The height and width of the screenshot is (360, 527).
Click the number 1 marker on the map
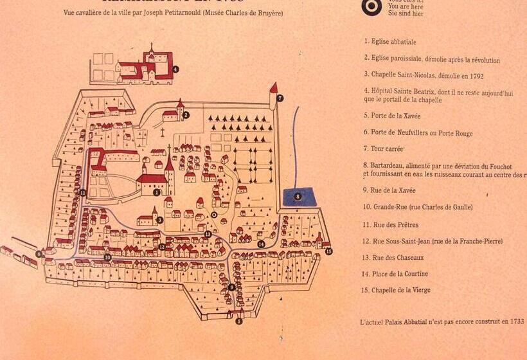pyautogui.click(x=156, y=192)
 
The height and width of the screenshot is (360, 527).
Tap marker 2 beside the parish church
pyautogui.click(x=186, y=115)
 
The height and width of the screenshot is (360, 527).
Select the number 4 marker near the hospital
pyautogui.click(x=175, y=69)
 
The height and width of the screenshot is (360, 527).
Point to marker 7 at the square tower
pyautogui.click(x=280, y=98)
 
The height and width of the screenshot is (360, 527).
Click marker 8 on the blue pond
pyautogui.click(x=298, y=196)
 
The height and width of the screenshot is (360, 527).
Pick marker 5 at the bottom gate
pyautogui.click(x=239, y=321)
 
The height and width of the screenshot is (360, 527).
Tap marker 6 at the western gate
pyautogui.click(x=39, y=254)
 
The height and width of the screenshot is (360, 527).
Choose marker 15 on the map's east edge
pyautogui.click(x=329, y=251)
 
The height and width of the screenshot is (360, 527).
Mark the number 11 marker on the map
pyautogui.click(x=83, y=192)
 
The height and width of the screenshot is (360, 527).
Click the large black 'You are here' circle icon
pyautogui.click(x=371, y=6)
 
